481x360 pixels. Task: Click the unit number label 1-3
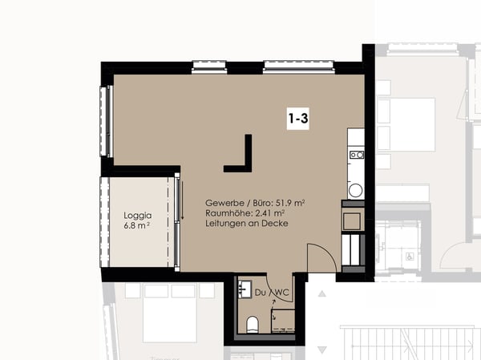coord(298,119)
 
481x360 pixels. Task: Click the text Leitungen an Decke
coord(246,224)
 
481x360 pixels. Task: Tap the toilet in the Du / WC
coord(253,324)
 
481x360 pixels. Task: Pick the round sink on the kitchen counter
coord(355,190)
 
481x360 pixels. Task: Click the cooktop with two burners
coord(356,155)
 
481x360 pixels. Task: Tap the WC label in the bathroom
coord(282,293)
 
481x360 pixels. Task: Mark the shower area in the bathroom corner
coord(282,317)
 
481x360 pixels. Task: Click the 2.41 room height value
coord(265,213)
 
